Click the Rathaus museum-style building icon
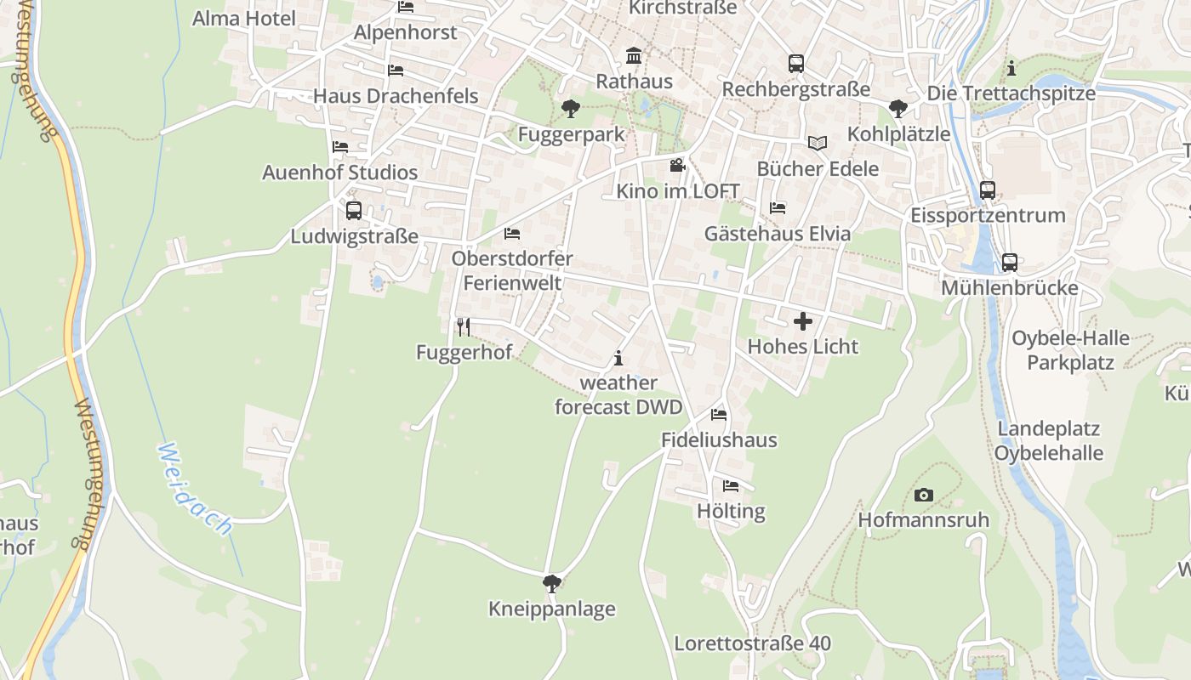(x=634, y=56)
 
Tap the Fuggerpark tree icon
(x=570, y=109)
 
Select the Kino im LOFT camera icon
(x=677, y=165)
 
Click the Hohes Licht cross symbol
(x=802, y=321)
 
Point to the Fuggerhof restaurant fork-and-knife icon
(x=464, y=326)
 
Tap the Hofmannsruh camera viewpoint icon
(x=923, y=495)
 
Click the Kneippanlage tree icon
(x=551, y=583)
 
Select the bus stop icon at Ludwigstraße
(x=354, y=210)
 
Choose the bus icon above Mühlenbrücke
(x=1010, y=262)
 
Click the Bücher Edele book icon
(x=818, y=144)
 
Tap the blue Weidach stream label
(x=195, y=489)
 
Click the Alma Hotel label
(x=244, y=19)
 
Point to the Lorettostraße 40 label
(x=752, y=643)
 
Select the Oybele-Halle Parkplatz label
(x=1070, y=350)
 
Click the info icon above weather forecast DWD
(x=618, y=358)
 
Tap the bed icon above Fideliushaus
(x=719, y=415)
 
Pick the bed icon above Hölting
(x=731, y=486)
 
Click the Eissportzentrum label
(x=988, y=215)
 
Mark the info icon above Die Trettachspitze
(x=1011, y=68)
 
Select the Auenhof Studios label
(x=339, y=173)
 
